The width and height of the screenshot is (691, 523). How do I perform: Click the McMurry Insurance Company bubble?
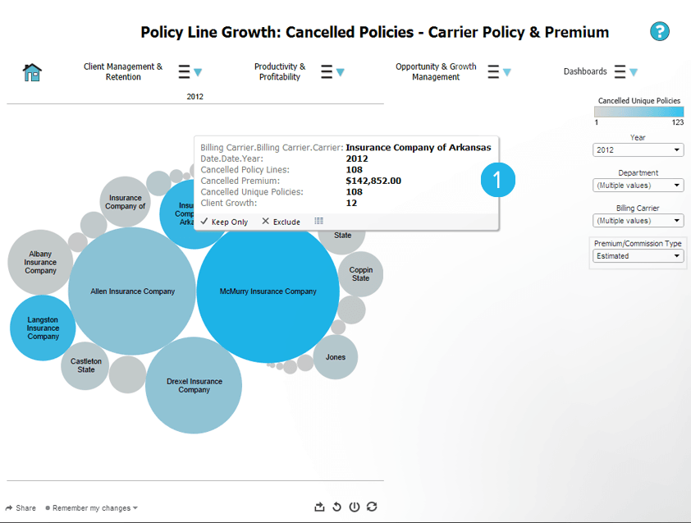pyautogui.click(x=268, y=291)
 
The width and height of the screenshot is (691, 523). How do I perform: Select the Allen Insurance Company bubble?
pyautogui.click(x=131, y=291)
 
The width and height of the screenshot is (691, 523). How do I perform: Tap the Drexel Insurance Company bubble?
pyautogui.click(x=194, y=386)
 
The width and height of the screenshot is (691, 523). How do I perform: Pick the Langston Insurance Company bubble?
pyautogui.click(x=43, y=328)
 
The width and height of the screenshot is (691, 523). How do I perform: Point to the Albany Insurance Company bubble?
pyautogui.click(x=40, y=263)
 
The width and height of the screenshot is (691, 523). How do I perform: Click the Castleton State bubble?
pyautogui.click(x=85, y=365)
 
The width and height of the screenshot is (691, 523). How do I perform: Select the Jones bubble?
pyautogui.click(x=335, y=357)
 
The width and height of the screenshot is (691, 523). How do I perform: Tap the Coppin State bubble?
pyautogui.click(x=360, y=274)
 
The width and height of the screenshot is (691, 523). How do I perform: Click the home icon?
pyautogui.click(x=32, y=72)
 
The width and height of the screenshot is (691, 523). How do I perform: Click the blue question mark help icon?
pyautogui.click(x=660, y=32)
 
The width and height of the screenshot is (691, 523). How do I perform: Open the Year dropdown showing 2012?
pyautogui.click(x=638, y=150)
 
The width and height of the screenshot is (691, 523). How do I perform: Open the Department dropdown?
pyautogui.click(x=638, y=186)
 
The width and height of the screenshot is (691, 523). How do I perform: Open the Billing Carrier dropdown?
pyautogui.click(x=638, y=221)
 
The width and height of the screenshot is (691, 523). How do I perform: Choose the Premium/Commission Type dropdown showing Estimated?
pyautogui.click(x=638, y=256)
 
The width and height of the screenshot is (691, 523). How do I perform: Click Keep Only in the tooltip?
pyautogui.click(x=224, y=222)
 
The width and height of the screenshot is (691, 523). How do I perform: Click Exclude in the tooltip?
pyautogui.click(x=281, y=222)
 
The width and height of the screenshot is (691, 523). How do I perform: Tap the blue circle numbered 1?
pyautogui.click(x=498, y=180)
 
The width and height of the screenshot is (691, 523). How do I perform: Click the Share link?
pyautogui.click(x=21, y=508)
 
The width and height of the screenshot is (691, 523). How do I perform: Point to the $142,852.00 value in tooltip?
pyautogui.click(x=373, y=181)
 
